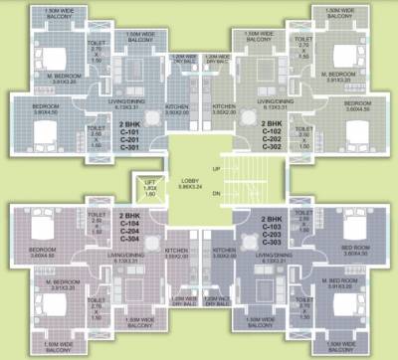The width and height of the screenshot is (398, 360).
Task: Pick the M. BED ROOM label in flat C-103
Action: coord(343,281)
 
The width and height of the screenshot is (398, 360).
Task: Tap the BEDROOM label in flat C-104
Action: coord(42,250)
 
